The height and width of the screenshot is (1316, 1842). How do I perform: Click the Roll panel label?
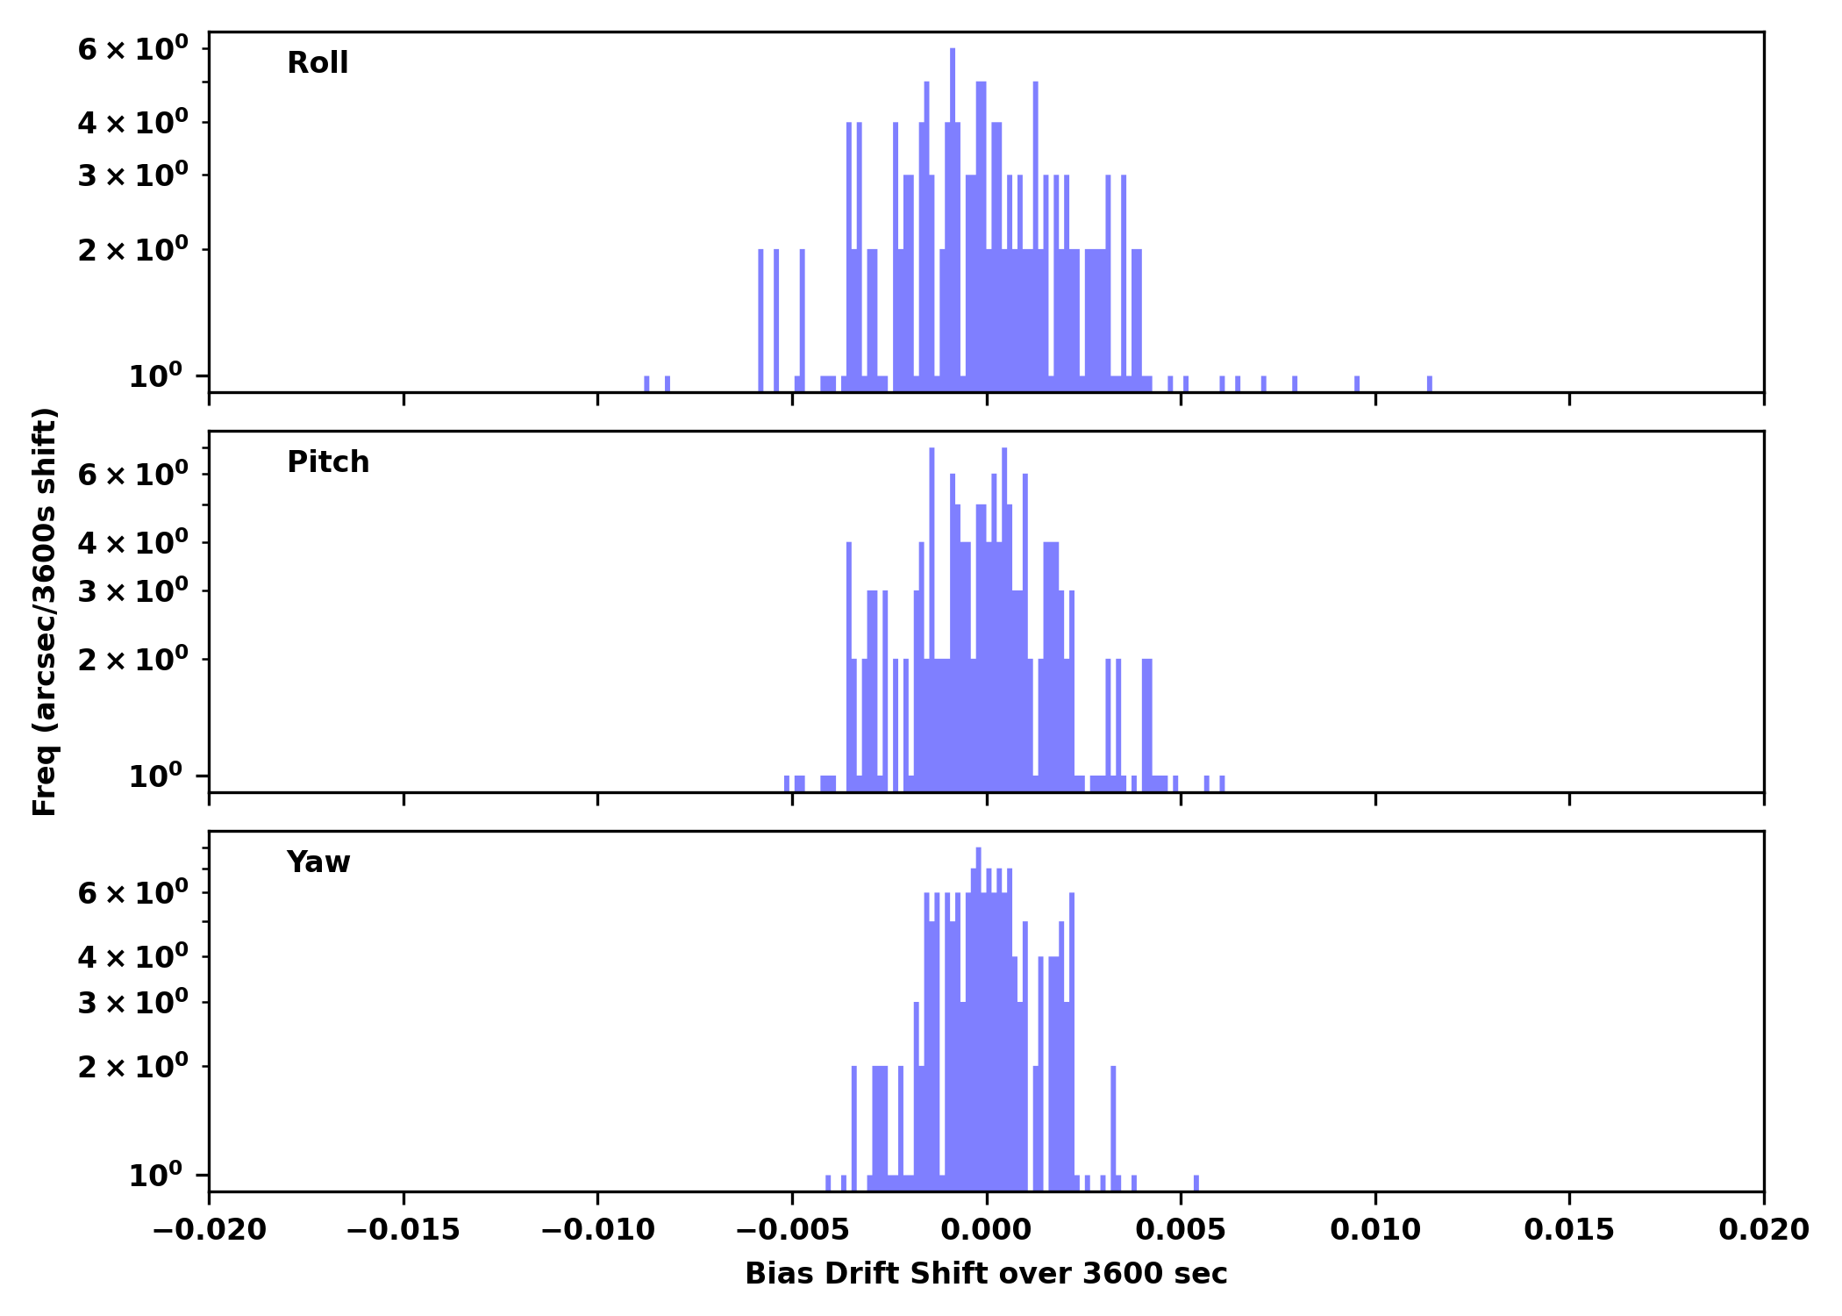tap(318, 63)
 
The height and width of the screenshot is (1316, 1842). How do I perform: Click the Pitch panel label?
tap(328, 462)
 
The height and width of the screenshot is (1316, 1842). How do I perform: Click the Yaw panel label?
tap(318, 862)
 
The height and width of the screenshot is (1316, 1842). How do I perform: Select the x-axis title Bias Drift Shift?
tap(986, 1273)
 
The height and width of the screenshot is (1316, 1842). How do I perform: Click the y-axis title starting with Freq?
tap(45, 612)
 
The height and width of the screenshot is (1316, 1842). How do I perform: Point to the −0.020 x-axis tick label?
tap(209, 1229)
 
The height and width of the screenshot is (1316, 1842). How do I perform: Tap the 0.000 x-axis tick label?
tap(986, 1229)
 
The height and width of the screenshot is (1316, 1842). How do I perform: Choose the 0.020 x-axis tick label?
tap(1763, 1229)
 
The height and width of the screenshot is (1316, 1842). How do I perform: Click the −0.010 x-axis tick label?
tap(597, 1229)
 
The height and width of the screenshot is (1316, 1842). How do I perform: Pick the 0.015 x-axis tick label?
tap(1569, 1229)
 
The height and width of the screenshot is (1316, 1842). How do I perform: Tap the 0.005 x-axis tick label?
tap(1181, 1229)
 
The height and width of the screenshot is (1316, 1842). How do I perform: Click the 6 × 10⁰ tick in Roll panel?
tap(132, 49)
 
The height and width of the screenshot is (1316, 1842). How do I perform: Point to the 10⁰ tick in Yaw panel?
tap(155, 1175)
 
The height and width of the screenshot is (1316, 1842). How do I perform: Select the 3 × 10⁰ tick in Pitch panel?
tap(132, 591)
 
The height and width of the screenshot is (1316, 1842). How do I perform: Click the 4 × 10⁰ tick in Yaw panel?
tap(132, 957)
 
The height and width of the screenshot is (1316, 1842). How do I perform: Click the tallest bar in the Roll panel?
tap(953, 219)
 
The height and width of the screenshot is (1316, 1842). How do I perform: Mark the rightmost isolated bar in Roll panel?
tap(1430, 383)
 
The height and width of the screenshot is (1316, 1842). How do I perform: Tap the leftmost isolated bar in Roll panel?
tap(647, 383)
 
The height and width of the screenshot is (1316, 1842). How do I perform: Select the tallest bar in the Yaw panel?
tap(979, 1018)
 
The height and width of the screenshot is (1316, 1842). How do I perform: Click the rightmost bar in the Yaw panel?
tap(1196, 1183)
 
